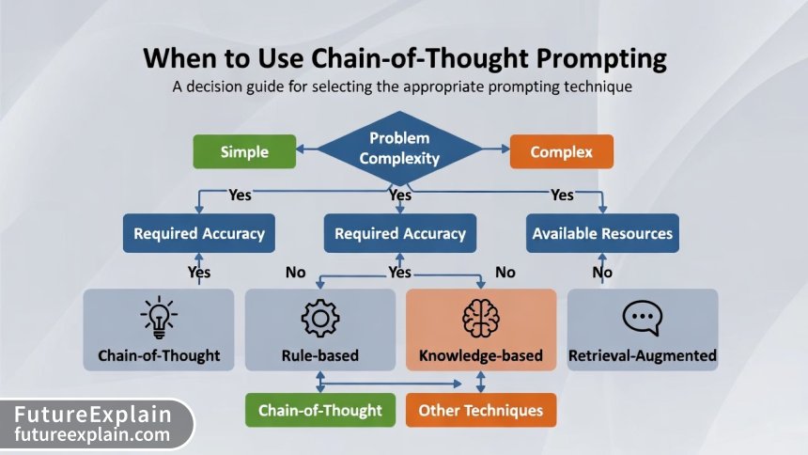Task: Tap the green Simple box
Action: click(x=244, y=151)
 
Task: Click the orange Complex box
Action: click(x=561, y=151)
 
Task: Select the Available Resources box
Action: click(x=602, y=233)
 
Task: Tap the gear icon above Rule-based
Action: click(x=319, y=319)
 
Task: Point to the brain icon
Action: click(x=480, y=319)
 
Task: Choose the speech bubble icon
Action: click(x=642, y=319)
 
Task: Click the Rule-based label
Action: click(x=319, y=356)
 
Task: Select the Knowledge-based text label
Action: click(x=480, y=356)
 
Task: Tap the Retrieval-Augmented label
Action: click(x=643, y=356)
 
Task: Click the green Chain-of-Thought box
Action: click(x=319, y=410)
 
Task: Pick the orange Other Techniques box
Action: click(x=480, y=410)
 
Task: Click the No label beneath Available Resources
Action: click(x=602, y=273)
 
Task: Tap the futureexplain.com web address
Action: click(x=92, y=435)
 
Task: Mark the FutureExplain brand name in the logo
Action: click(x=92, y=415)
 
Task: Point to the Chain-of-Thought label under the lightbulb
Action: click(x=158, y=356)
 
